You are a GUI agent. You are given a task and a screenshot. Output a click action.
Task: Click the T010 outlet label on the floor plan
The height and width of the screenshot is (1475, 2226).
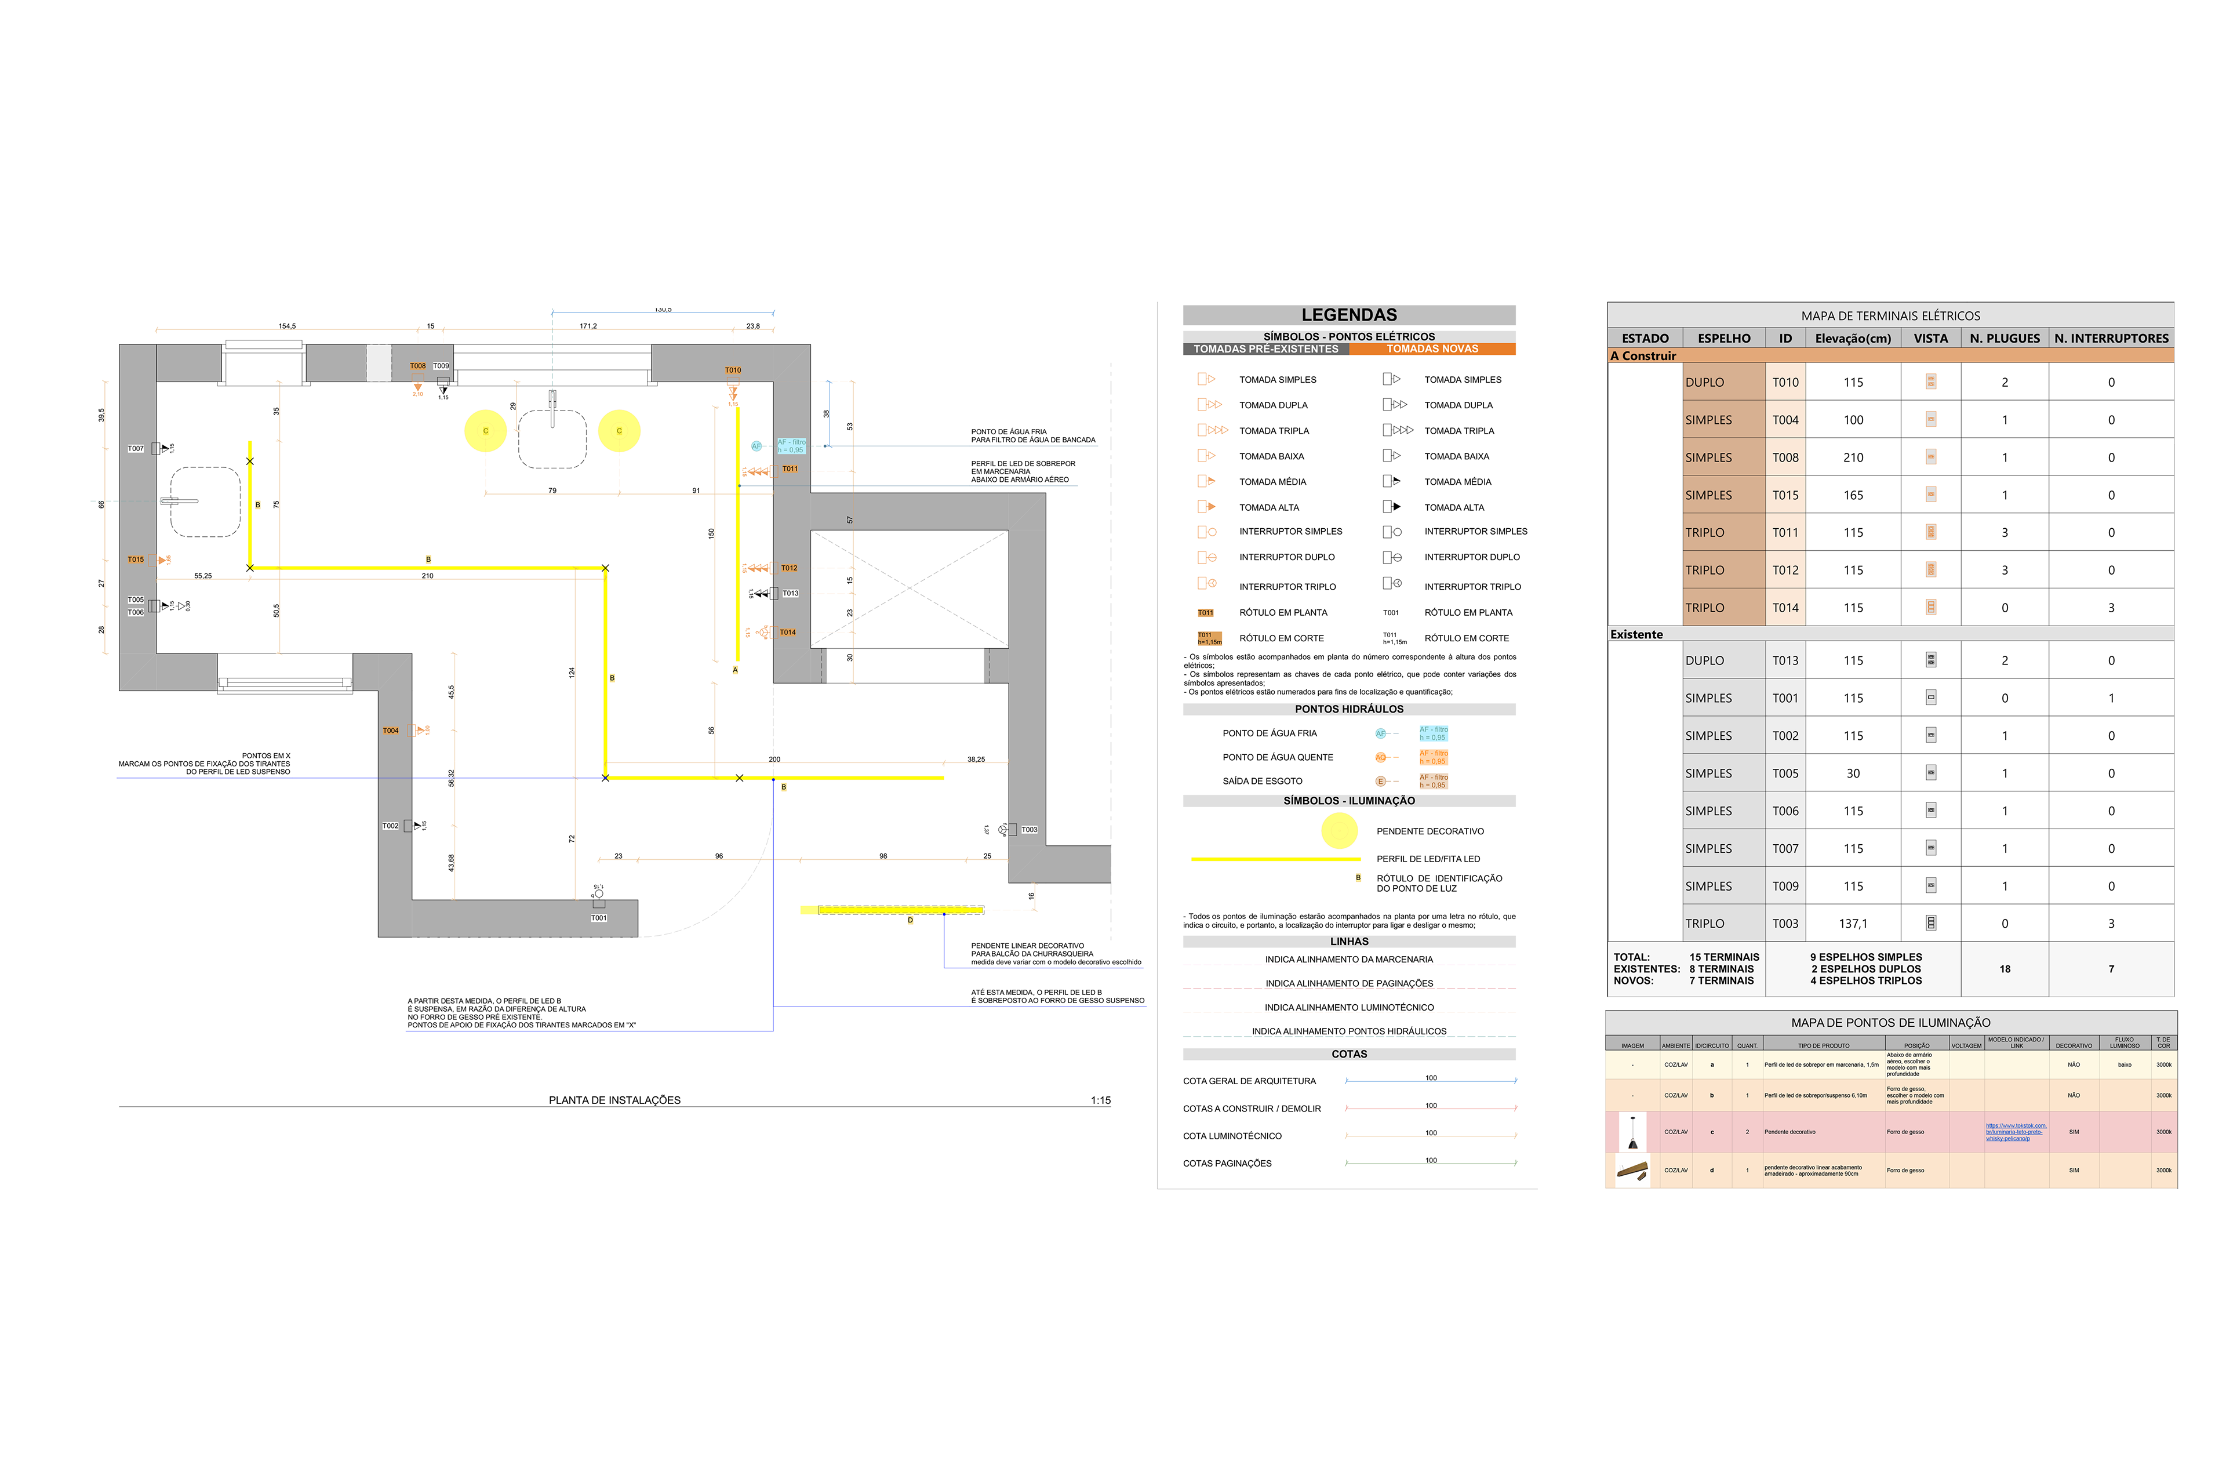(733, 370)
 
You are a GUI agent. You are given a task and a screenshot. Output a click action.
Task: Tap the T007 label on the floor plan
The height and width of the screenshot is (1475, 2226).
(136, 449)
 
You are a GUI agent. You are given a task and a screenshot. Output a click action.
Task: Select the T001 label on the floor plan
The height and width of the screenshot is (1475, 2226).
(599, 918)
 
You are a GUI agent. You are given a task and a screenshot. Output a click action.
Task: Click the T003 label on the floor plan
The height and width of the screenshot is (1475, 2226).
(1029, 830)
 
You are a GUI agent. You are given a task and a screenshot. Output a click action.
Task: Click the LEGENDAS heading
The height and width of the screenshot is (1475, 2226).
(1348, 315)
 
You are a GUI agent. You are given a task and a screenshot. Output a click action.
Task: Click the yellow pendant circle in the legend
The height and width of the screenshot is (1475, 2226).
(1339, 831)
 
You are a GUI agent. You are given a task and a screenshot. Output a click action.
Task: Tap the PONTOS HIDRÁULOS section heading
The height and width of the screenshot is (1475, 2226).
(1348, 709)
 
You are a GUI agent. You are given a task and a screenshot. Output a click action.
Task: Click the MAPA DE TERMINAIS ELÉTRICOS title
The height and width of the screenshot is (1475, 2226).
(1890, 316)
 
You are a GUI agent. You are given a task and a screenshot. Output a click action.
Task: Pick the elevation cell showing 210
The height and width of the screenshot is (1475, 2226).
(1853, 458)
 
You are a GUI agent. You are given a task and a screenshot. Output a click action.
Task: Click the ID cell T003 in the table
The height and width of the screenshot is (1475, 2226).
(1785, 924)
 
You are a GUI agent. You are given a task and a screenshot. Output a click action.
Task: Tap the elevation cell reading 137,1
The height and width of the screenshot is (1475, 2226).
(1853, 924)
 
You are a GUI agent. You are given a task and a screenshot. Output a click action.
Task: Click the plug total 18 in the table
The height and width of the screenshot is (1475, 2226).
(2004, 969)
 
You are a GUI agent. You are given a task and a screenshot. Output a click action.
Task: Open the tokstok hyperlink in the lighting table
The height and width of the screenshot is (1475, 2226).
(2016, 1132)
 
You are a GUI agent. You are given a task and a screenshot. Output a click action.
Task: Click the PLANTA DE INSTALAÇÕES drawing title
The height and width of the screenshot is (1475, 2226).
(614, 1100)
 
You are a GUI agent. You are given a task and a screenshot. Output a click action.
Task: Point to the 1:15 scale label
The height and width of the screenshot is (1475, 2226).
(1100, 1100)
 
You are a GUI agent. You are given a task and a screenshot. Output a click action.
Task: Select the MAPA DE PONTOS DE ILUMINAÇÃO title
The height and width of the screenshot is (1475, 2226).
(1890, 1023)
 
